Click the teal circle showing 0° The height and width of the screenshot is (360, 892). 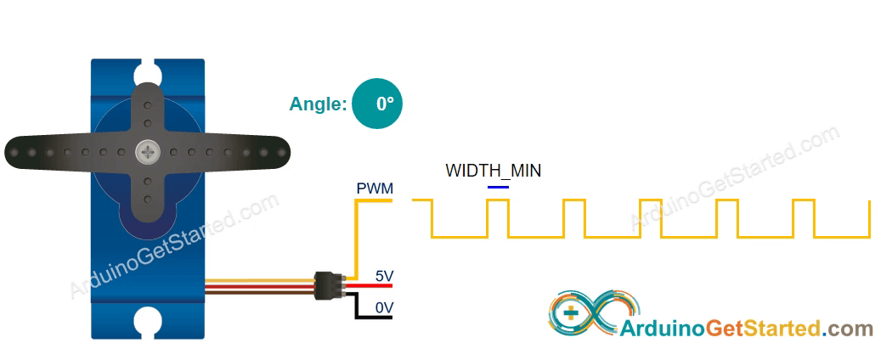click(x=376, y=104)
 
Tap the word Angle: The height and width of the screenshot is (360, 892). click(x=318, y=104)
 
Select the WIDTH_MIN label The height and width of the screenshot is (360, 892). click(x=493, y=171)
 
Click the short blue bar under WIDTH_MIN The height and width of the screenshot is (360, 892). click(x=498, y=186)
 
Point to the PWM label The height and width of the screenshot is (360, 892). click(x=375, y=188)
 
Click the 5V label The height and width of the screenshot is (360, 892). click(x=384, y=276)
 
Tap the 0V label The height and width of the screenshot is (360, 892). click(x=384, y=307)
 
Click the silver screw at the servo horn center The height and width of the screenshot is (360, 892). click(x=149, y=153)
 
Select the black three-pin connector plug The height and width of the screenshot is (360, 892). click(x=327, y=284)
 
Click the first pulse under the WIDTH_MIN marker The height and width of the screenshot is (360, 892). click(x=498, y=217)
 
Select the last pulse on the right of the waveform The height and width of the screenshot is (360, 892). click(x=803, y=217)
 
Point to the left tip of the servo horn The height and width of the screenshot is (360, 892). click(x=13, y=153)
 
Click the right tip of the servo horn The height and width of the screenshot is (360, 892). click(x=285, y=153)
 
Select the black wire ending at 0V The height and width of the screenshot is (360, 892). click(x=365, y=318)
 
